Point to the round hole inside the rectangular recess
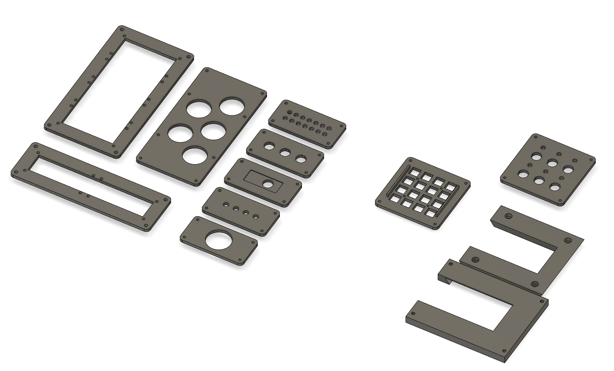point(268,184)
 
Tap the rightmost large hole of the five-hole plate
point(232,106)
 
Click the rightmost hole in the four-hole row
point(256,217)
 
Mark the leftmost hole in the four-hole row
point(226,205)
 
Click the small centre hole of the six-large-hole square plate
point(545,171)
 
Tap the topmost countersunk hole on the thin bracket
point(509,217)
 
